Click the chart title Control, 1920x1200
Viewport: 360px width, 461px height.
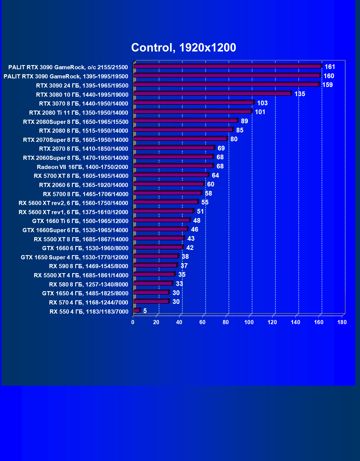point(184,48)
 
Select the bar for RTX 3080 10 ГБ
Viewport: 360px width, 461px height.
point(212,94)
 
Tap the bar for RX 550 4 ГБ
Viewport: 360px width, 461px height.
point(137,311)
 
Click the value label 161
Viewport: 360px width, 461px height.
point(330,67)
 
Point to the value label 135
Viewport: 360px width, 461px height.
point(300,94)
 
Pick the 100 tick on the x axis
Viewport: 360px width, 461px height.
point(249,322)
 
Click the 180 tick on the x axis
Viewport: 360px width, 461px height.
point(342,322)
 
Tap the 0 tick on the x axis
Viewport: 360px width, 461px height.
point(133,322)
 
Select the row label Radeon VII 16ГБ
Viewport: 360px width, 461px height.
point(83,167)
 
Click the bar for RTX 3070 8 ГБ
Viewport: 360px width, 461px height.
point(193,103)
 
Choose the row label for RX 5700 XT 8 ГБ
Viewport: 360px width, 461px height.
point(81,176)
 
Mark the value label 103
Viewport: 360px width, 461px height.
point(262,103)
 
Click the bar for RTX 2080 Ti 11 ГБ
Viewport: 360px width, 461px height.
point(192,112)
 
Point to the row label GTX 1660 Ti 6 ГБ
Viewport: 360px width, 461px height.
point(80,221)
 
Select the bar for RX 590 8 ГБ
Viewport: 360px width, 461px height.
point(155,265)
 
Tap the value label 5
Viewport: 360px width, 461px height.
point(145,311)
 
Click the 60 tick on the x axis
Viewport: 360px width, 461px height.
point(202,322)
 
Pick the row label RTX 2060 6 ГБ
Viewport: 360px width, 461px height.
point(84,185)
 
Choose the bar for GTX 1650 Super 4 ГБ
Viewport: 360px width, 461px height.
point(156,256)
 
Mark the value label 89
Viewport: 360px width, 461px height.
point(244,121)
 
